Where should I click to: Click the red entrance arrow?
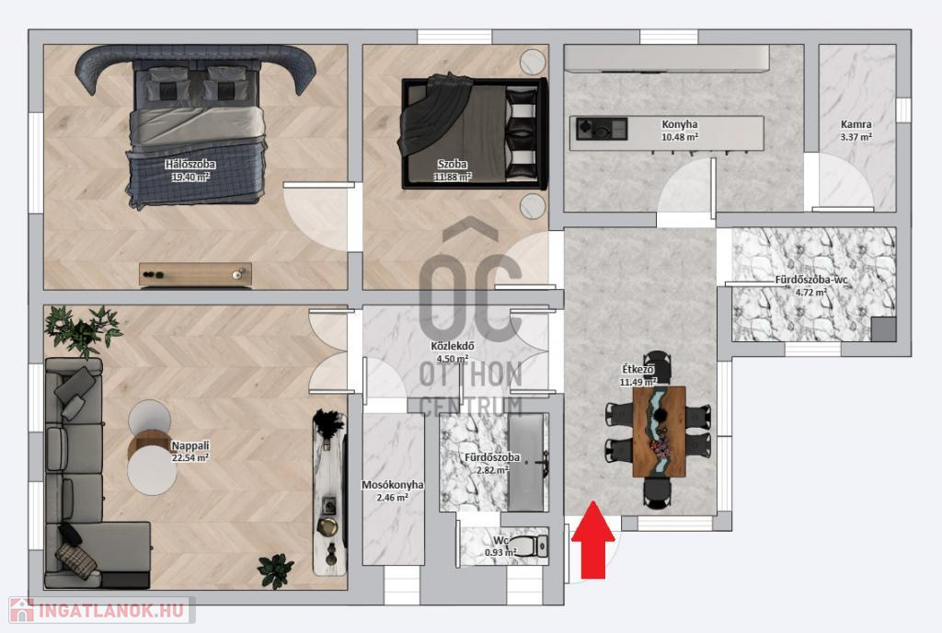point(593,540)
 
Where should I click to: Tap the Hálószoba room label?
point(190,164)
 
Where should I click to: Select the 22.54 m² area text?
point(190,457)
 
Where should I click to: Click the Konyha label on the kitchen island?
point(680,124)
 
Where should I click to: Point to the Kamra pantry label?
point(856,124)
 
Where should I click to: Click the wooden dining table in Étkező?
point(659,432)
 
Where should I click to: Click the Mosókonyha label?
point(392,485)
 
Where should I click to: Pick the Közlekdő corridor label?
point(453,346)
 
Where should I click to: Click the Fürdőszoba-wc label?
point(811,280)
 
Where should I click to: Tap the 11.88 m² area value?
point(453,177)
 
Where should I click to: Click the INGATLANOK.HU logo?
point(101,611)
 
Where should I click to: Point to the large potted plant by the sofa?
point(83,330)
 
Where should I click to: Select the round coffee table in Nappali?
point(152,447)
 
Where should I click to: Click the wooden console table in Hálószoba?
point(195,274)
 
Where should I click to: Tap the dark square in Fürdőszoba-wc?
point(884,329)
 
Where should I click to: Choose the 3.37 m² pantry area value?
point(856,137)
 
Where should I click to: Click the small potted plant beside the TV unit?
point(276,570)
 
